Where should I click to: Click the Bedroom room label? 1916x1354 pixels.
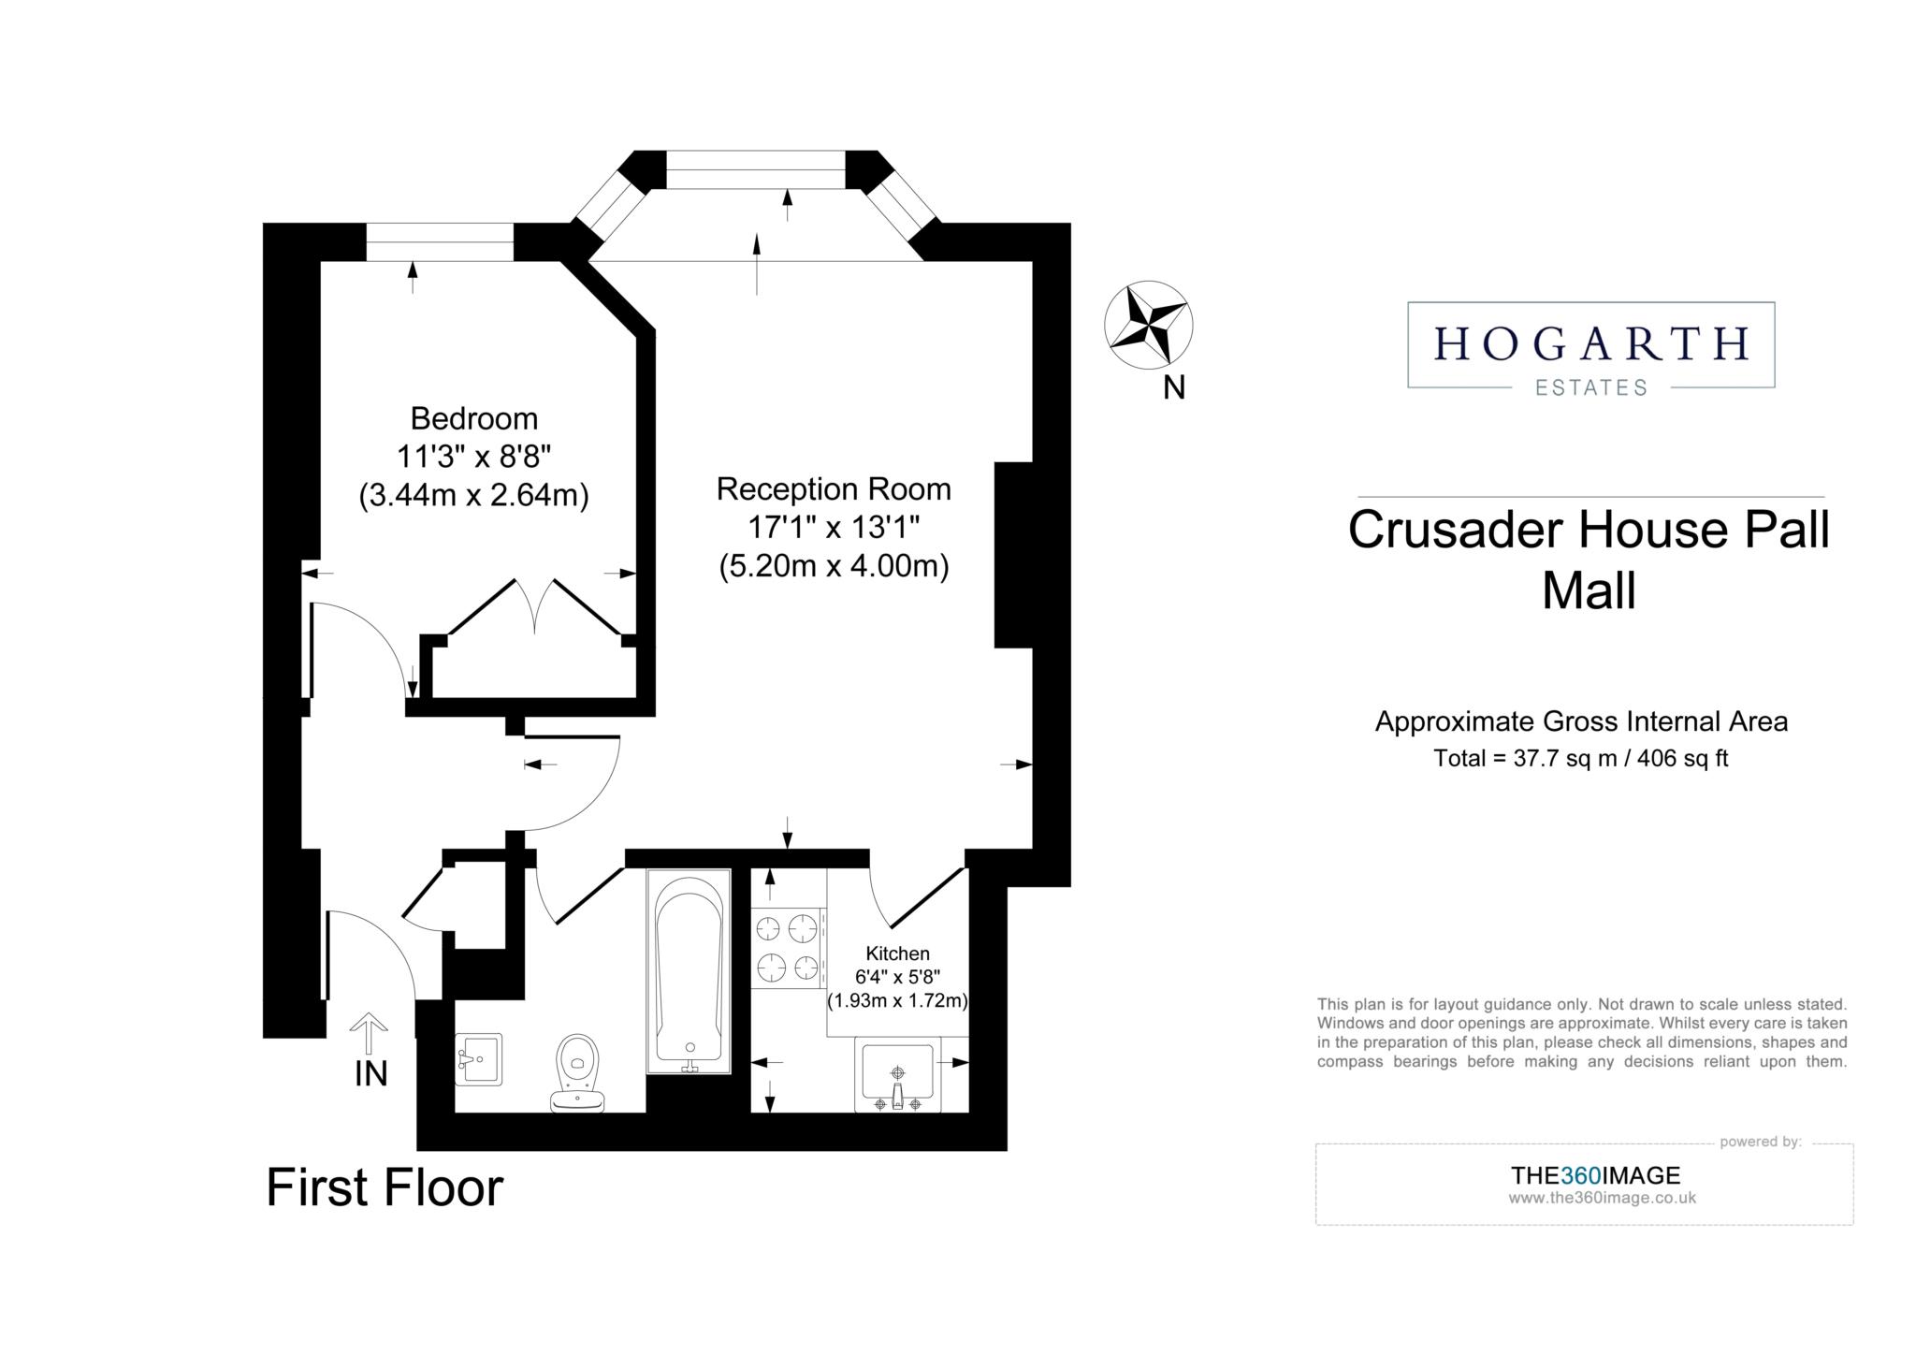click(x=474, y=417)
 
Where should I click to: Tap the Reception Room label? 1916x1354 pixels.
click(x=834, y=488)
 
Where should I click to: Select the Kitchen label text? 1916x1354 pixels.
click(x=897, y=954)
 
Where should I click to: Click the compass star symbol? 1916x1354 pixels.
click(x=1148, y=324)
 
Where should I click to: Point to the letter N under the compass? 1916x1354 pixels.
click(x=1174, y=387)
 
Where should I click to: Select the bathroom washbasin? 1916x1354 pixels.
click(x=478, y=1059)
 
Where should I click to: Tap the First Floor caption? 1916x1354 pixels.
click(x=385, y=1187)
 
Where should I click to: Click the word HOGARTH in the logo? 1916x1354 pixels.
click(x=1590, y=343)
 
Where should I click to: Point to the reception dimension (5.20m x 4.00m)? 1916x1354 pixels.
click(x=834, y=566)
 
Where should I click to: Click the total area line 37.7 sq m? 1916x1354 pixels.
click(x=1580, y=758)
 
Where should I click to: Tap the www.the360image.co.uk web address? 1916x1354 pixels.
click(x=1602, y=1198)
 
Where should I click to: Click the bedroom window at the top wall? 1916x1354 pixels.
click(x=440, y=242)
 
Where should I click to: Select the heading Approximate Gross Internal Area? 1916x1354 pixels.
click(x=1581, y=721)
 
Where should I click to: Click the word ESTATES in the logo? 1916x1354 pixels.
click(x=1590, y=387)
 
